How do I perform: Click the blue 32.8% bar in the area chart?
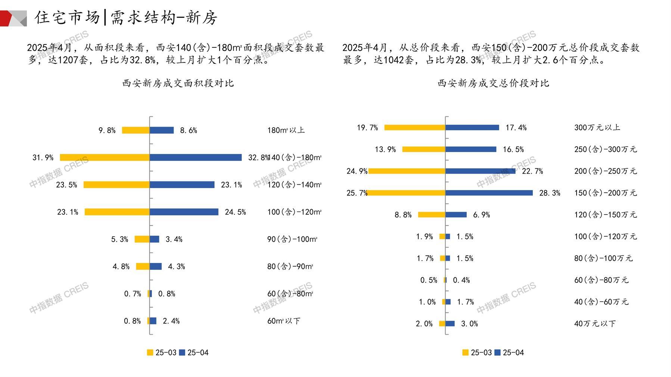(x=196, y=158)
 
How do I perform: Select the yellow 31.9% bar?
(x=105, y=158)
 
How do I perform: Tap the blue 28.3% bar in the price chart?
(x=489, y=193)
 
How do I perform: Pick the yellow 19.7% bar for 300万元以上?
(x=415, y=128)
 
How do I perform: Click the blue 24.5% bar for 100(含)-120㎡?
(x=184, y=212)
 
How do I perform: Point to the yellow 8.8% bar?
(x=432, y=215)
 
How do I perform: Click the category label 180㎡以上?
(x=286, y=130)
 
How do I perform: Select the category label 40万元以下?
(x=595, y=324)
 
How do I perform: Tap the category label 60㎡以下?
(x=284, y=321)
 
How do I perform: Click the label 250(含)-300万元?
(x=605, y=149)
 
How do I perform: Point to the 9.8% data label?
(x=107, y=130)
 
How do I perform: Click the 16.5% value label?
(x=513, y=149)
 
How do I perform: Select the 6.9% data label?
(x=482, y=215)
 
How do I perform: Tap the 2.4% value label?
(x=171, y=321)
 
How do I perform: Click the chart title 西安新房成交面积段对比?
(x=178, y=83)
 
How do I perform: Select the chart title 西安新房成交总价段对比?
(x=493, y=83)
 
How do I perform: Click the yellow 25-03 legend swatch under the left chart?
(x=150, y=352)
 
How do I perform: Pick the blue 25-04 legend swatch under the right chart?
(x=497, y=352)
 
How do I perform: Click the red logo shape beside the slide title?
(x=7, y=18)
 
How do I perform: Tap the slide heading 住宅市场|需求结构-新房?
(x=126, y=18)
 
